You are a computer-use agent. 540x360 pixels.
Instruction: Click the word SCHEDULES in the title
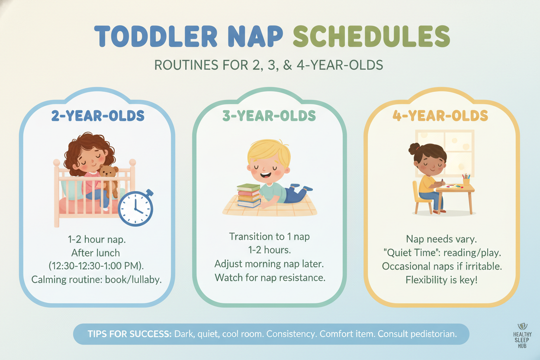click(372, 36)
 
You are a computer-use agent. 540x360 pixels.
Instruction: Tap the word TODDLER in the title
click(156, 36)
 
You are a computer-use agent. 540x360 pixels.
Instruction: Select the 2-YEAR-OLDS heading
click(98, 116)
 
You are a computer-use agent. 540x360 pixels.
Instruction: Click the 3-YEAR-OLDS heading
click(269, 116)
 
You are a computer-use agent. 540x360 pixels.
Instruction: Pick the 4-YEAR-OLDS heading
click(440, 116)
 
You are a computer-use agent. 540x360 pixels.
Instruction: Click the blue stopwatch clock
click(136, 208)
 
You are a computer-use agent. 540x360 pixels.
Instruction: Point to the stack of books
click(249, 196)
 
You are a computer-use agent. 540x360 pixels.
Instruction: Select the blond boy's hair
click(269, 151)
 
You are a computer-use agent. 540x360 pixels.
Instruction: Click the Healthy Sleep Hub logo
click(522, 336)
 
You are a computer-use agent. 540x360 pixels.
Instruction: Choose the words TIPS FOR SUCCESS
click(130, 334)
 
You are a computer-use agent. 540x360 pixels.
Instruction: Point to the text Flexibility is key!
click(441, 280)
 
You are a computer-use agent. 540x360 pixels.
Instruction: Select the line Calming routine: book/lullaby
click(96, 280)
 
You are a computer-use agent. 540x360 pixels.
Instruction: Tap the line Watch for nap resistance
click(270, 278)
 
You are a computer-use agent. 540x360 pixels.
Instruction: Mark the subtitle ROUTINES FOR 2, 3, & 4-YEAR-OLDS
click(269, 65)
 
